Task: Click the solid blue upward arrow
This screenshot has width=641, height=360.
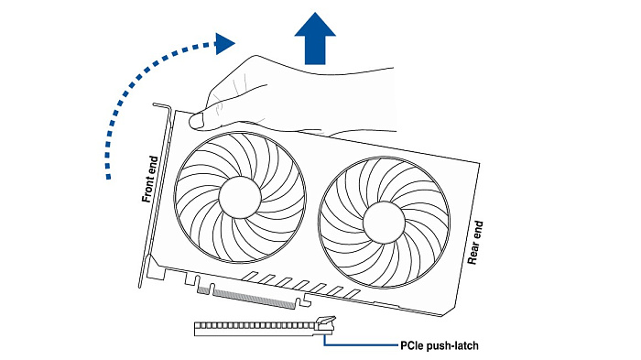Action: coord(315,38)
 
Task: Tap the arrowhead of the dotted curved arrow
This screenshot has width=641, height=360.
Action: coord(224,44)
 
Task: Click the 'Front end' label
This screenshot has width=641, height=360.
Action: coord(149,179)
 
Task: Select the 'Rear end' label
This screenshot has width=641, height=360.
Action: coord(475,243)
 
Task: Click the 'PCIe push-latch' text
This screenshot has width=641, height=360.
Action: coord(439,345)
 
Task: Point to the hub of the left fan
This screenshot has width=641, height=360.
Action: coord(240,197)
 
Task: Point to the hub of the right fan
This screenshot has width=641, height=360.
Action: coord(384,223)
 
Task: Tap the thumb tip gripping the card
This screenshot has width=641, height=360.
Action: coord(197,121)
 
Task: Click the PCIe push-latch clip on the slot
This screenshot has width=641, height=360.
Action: coord(326,323)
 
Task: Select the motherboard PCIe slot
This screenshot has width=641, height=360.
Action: coord(264,329)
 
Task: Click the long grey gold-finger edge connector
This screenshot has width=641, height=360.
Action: coord(255,299)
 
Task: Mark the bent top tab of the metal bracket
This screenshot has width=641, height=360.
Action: coord(161,106)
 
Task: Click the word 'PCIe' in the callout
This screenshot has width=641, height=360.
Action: coord(412,345)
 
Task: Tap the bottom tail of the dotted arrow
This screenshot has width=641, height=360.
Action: coord(108,177)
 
